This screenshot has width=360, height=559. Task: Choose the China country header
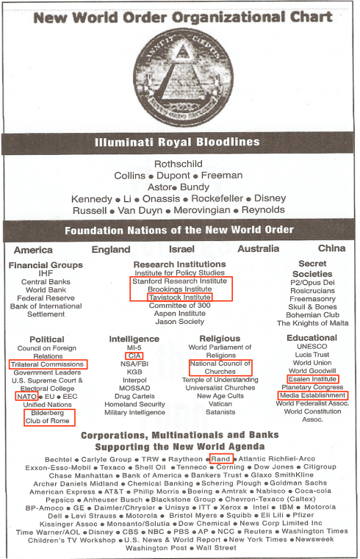coord(331,249)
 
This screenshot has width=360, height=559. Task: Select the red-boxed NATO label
coord(26,396)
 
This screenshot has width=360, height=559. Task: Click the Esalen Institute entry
coord(313,380)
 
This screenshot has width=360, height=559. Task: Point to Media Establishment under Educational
coord(312,396)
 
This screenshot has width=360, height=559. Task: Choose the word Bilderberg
coord(46,413)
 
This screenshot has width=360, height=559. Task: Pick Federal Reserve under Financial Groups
coord(46,297)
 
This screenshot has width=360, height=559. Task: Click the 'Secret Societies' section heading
coord(312,268)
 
